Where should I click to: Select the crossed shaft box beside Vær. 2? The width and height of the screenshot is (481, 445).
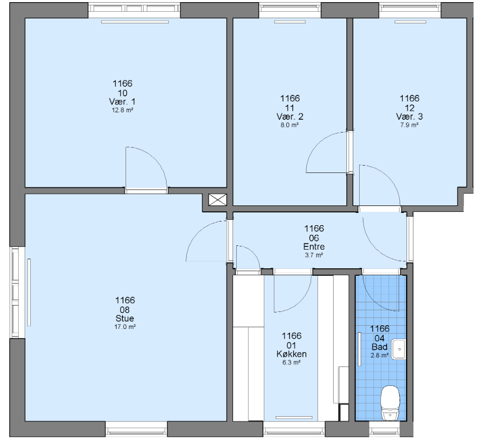pos(218,200)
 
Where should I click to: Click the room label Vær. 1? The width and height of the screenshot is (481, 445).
pos(122,102)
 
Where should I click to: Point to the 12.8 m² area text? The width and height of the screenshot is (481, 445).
pos(122,110)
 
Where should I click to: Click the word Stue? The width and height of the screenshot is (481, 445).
pos(125,318)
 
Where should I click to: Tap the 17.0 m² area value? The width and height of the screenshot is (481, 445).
pos(125,327)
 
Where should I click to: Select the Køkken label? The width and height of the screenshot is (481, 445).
pos(292,354)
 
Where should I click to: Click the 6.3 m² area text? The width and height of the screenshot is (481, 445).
pos(291,362)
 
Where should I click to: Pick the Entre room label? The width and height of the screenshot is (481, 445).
pos(314,246)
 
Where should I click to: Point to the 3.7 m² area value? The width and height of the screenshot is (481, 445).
pos(314,255)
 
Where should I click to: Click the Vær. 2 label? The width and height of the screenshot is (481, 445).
pos(290,117)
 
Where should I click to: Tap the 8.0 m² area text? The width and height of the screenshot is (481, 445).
pos(289,125)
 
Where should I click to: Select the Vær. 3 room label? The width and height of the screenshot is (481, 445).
pos(409,117)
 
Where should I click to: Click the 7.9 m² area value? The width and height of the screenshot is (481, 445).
pos(409,125)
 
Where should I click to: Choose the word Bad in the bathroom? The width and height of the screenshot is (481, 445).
pos(379,347)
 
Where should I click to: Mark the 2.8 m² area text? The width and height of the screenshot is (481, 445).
pos(379,356)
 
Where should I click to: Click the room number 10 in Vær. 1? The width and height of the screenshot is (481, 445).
pos(122,93)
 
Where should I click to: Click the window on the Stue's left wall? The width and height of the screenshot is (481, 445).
pos(15,292)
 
